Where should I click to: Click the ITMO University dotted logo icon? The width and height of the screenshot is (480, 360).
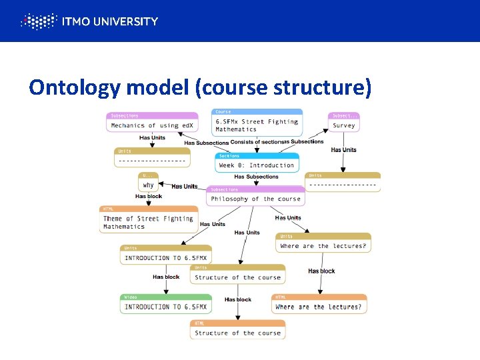point(38,21)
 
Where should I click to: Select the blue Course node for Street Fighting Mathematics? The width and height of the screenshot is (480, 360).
point(257,122)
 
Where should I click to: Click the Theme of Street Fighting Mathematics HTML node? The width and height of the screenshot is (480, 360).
point(148,219)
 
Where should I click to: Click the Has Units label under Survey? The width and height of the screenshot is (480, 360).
point(343,150)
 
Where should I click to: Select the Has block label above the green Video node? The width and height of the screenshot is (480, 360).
point(166,277)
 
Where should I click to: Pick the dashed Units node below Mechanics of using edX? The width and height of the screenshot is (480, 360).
point(153,158)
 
